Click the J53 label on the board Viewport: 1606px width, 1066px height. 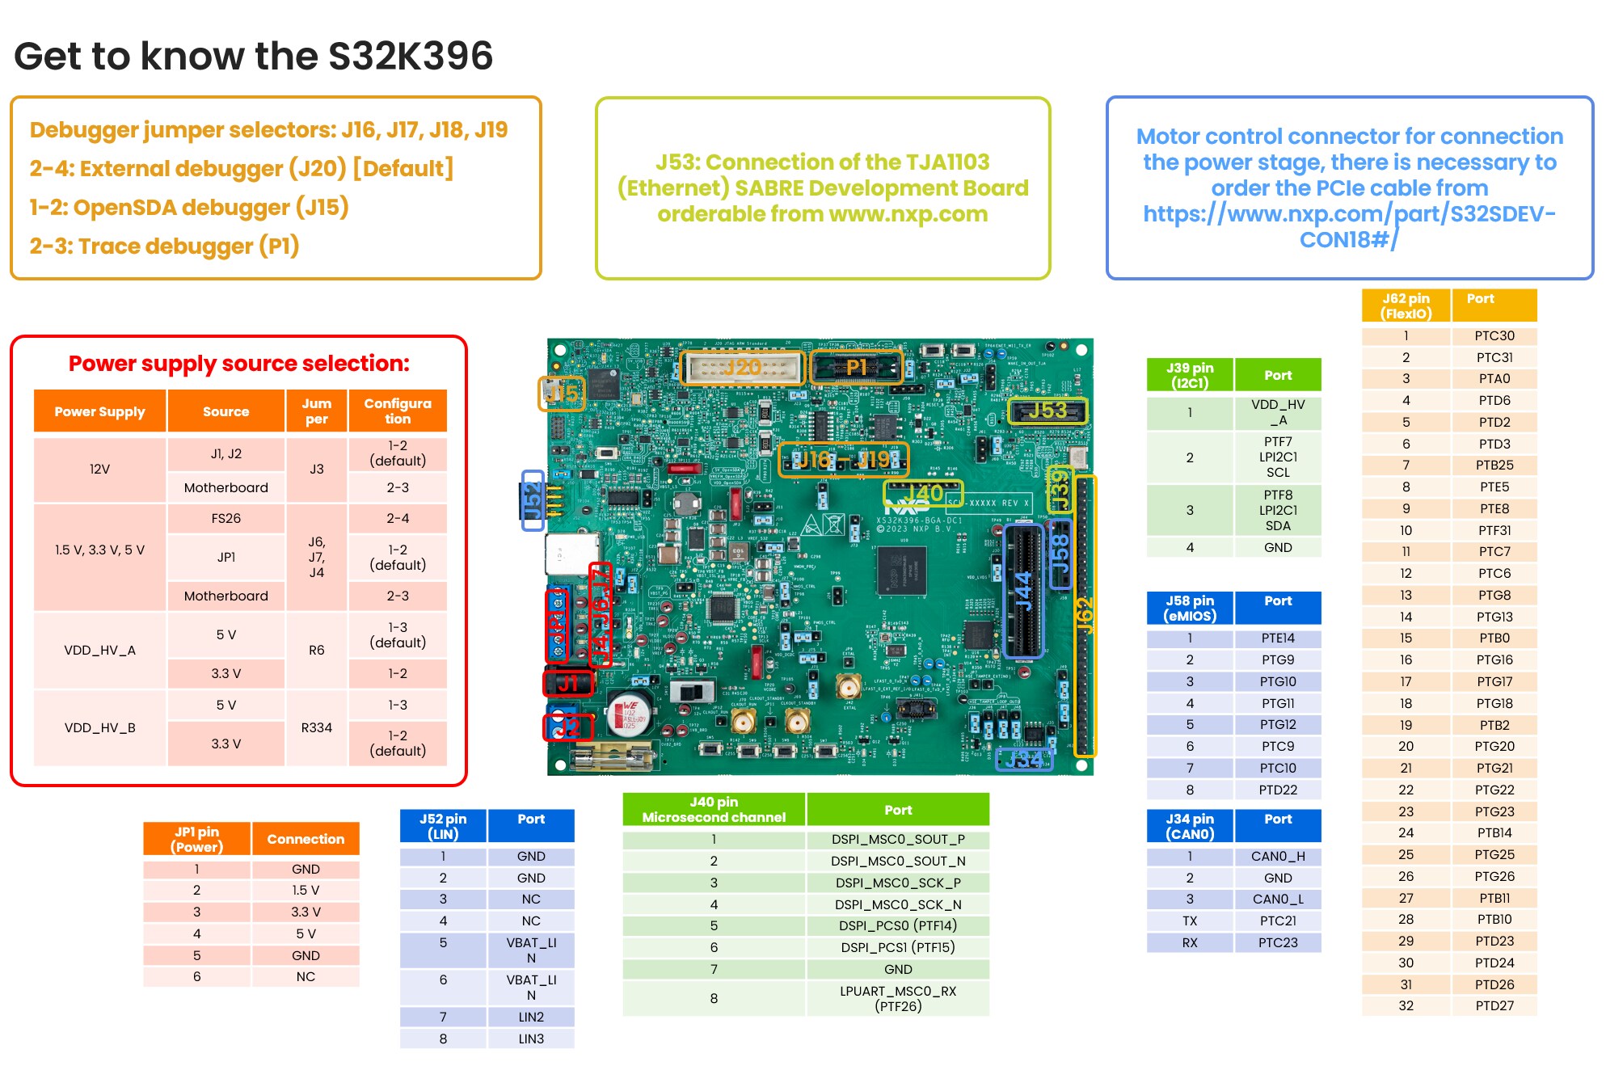(x=1047, y=411)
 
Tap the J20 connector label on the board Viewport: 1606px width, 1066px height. (x=743, y=368)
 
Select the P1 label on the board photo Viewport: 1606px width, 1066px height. (x=856, y=368)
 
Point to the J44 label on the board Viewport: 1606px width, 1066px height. (x=1023, y=591)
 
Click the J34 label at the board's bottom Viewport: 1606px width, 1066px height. (x=1023, y=760)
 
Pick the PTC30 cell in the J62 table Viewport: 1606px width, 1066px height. (x=1494, y=335)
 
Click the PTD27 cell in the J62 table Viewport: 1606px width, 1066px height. (x=1494, y=1005)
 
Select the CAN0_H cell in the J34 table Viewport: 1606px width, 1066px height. (x=1277, y=856)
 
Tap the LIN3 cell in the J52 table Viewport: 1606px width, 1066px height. (x=531, y=1039)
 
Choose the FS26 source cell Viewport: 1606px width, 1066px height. (x=226, y=518)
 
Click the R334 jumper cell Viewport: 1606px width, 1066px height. (x=317, y=727)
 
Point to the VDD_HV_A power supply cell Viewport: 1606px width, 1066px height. (x=99, y=650)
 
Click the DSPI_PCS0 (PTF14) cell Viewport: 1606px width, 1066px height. (x=897, y=925)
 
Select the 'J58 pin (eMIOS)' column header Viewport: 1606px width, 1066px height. (x=1190, y=608)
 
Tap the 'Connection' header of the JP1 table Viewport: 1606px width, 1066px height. (x=306, y=839)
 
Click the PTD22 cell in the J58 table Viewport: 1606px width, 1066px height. (x=1277, y=790)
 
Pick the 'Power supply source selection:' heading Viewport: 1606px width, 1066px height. (x=238, y=364)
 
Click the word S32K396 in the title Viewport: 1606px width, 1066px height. (x=411, y=57)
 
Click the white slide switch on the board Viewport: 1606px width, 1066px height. (x=693, y=692)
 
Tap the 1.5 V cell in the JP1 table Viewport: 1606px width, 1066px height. (x=306, y=890)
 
